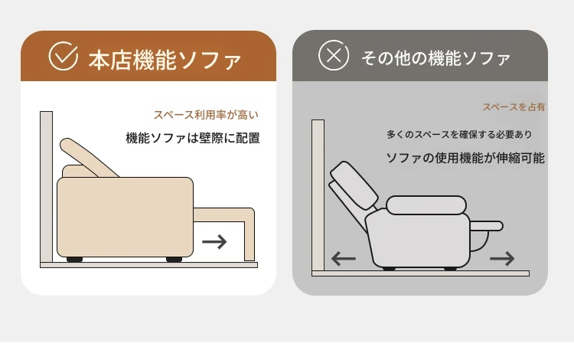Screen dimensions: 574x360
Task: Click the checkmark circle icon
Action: coord(63,56)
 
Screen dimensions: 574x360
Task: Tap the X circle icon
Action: coord(334,56)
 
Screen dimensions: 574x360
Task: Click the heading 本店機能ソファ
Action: coord(165,60)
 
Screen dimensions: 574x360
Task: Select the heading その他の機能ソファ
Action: coord(435,58)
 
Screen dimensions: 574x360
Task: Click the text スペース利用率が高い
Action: coord(206,115)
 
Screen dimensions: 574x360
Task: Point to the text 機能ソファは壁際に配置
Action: coord(193,138)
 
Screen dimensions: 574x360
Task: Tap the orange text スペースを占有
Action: coord(514,107)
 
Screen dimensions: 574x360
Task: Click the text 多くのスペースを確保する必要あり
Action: coord(459,134)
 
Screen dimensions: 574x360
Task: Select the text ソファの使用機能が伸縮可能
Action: coord(465,158)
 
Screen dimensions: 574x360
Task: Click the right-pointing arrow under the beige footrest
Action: coord(214,242)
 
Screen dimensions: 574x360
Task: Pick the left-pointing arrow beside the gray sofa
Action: coord(344,259)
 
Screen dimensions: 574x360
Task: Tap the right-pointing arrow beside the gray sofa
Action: coord(502,259)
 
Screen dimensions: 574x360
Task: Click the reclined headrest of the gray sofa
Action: coord(354,185)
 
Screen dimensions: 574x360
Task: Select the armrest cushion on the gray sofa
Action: coord(426,205)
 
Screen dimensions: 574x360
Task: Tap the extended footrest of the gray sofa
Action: coord(486,226)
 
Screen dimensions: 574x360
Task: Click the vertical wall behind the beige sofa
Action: coord(46,187)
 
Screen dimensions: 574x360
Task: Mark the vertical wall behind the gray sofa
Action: coord(318,195)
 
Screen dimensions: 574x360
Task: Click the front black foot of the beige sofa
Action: coord(174,260)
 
